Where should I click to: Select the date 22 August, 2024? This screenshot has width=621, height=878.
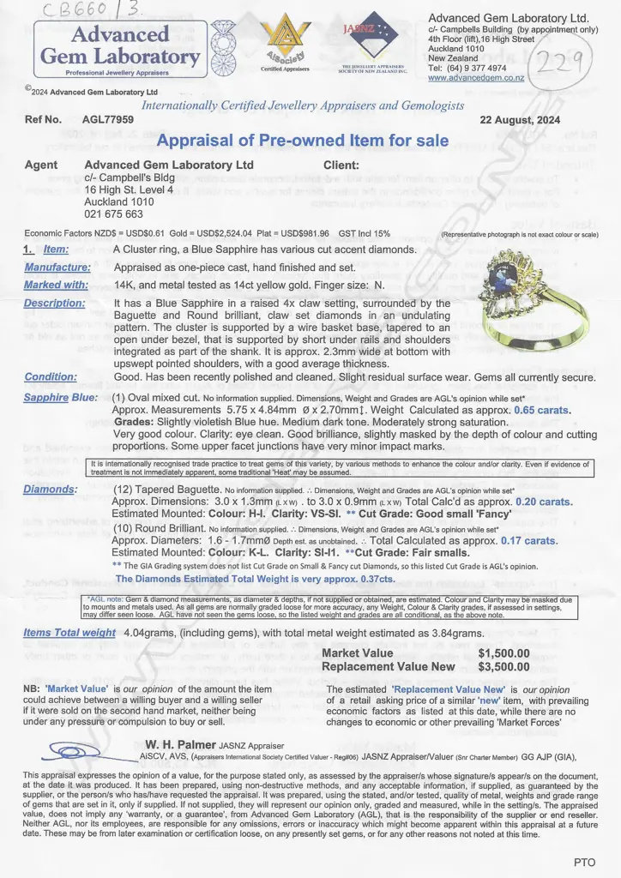[x=520, y=121]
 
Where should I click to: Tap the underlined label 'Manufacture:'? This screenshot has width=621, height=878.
[x=59, y=268]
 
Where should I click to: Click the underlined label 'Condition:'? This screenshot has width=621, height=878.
[x=51, y=376]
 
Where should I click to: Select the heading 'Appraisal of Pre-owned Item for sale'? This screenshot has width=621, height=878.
[x=304, y=141]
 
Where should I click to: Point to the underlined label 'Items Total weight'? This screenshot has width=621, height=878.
[x=69, y=633]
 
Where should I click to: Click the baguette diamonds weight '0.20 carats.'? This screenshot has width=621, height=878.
[x=545, y=502]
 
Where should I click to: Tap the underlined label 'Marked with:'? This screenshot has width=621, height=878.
[x=55, y=286]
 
